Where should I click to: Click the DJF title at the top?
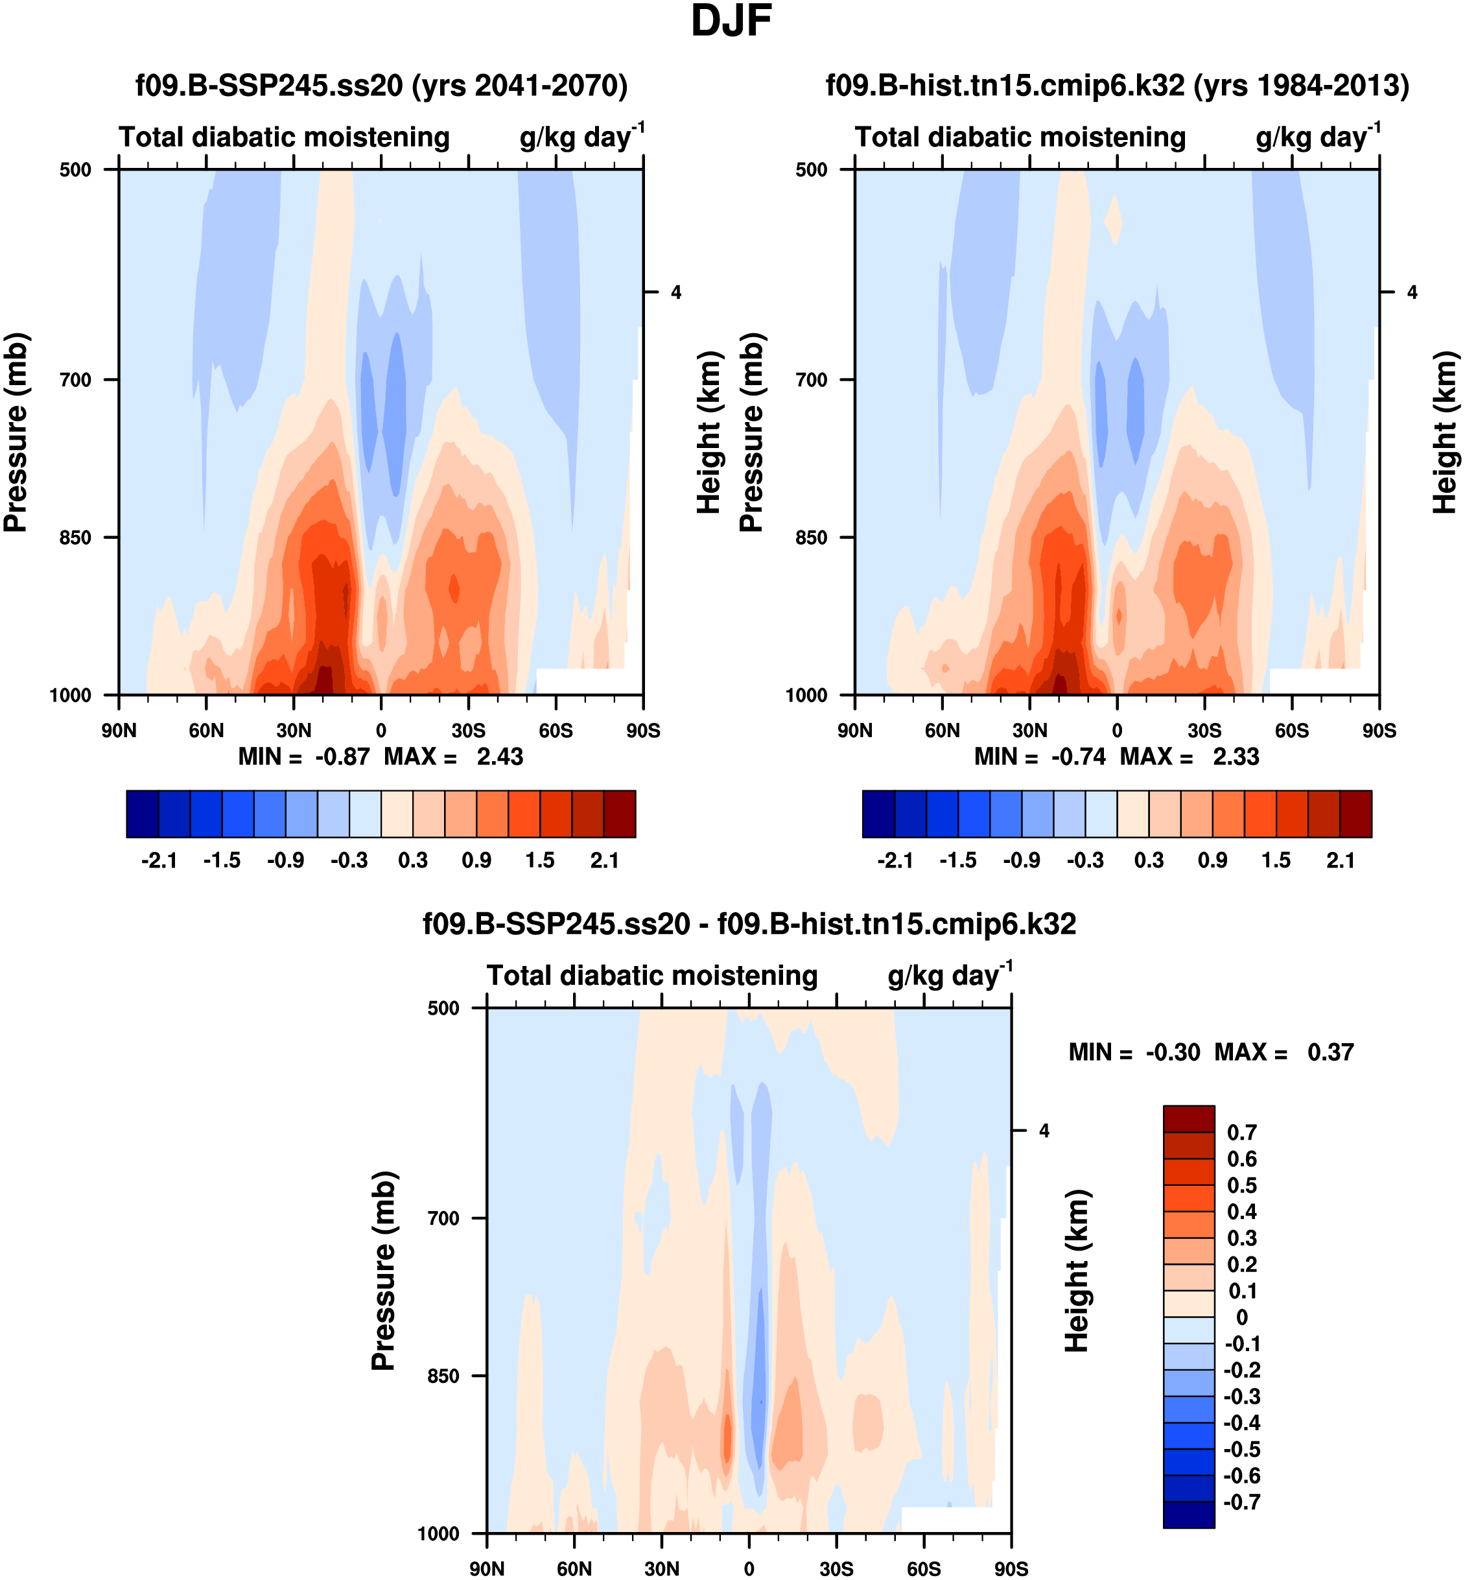coord(731,21)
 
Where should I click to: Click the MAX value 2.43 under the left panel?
coord(499,757)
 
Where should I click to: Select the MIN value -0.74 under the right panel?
coord(1078,757)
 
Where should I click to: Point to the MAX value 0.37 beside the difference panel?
coord(1331,1052)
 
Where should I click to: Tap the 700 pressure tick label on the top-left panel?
coord(75,380)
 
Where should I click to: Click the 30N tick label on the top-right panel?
coord(1030,730)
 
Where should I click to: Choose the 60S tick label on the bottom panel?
coord(924,1568)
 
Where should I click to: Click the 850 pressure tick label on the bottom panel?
coord(443,1376)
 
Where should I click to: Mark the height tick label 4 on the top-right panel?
coord(1412,292)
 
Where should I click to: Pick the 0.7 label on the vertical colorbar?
coord(1241,1133)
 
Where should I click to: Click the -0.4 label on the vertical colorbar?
coord(1241,1422)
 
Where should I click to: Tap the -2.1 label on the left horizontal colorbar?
coord(159,861)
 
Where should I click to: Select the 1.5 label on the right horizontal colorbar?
coord(1276,861)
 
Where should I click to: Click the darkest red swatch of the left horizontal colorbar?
coord(619,814)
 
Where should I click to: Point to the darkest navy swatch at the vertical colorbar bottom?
coord(1188,1515)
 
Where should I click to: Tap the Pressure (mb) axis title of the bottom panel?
coord(383,1271)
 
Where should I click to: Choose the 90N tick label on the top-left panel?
coord(119,730)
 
